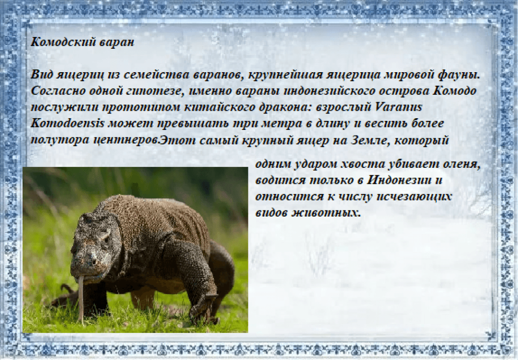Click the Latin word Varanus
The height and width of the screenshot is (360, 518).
point(399,107)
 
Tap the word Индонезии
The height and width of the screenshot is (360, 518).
point(399,180)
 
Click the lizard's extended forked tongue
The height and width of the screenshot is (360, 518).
point(80,300)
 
